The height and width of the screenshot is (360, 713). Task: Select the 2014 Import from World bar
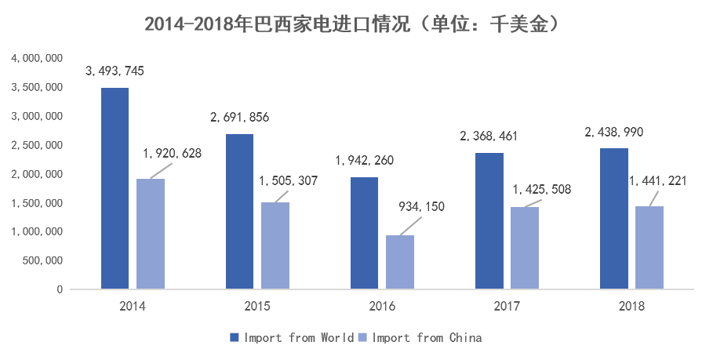tap(115, 188)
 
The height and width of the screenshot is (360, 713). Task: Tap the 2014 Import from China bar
tap(151, 234)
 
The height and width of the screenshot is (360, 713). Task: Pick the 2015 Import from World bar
tap(240, 212)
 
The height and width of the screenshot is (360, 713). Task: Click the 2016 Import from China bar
tap(400, 262)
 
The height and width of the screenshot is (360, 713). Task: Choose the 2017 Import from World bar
tap(489, 221)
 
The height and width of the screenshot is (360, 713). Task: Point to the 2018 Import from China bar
tap(649, 248)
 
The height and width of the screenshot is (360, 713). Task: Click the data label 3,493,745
tap(115, 71)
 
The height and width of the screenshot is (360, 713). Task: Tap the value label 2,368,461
tap(489, 136)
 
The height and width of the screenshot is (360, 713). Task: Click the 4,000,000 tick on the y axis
tap(36, 59)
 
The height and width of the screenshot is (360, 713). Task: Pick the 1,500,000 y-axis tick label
tap(36, 203)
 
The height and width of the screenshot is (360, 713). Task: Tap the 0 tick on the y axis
tap(60, 289)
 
